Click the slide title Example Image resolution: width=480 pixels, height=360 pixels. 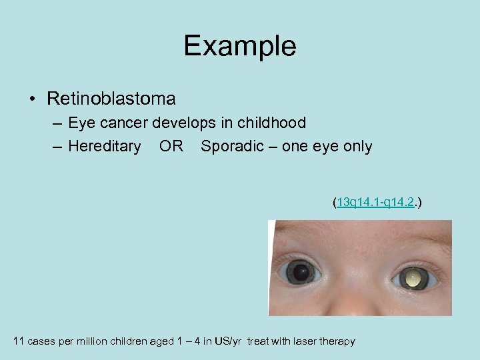click(x=240, y=46)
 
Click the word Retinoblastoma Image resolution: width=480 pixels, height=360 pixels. click(x=111, y=99)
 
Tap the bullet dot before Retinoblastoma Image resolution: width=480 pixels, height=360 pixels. click(x=33, y=100)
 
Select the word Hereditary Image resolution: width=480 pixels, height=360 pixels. click(x=104, y=146)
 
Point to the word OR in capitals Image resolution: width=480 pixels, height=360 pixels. click(x=171, y=146)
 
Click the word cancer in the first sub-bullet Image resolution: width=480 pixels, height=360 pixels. click(x=122, y=123)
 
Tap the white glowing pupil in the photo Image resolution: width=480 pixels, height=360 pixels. click(x=413, y=277)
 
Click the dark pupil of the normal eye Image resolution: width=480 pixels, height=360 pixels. click(x=304, y=272)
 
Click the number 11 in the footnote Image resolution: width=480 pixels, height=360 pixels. click(x=19, y=341)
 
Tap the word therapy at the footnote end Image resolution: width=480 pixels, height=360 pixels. click(x=339, y=341)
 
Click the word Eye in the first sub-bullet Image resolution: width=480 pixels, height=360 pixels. click(x=81, y=123)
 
